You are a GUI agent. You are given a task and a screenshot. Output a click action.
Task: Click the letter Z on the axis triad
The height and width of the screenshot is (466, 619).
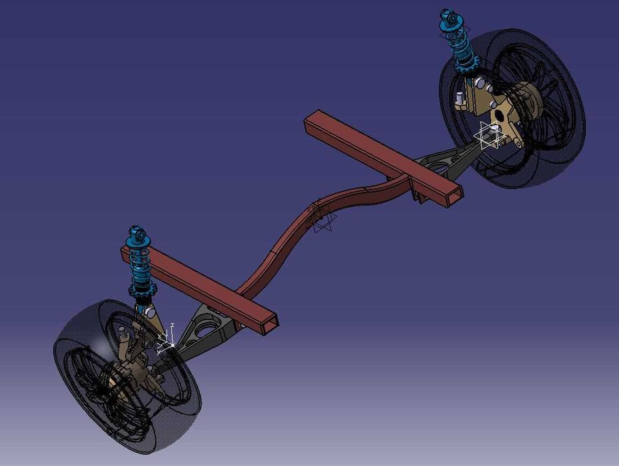point(173,325)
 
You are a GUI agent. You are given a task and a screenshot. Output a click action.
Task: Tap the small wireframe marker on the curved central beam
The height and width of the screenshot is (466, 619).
point(323,218)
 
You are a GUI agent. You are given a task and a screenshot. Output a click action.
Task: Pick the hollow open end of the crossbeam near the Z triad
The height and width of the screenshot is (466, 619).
point(269,324)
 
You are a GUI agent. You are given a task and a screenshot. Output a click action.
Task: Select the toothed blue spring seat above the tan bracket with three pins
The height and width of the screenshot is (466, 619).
point(468,64)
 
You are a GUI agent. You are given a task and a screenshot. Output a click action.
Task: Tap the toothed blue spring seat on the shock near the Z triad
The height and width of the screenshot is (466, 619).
point(143,291)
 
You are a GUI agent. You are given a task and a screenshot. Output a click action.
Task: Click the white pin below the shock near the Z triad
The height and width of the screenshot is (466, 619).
point(149,312)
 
